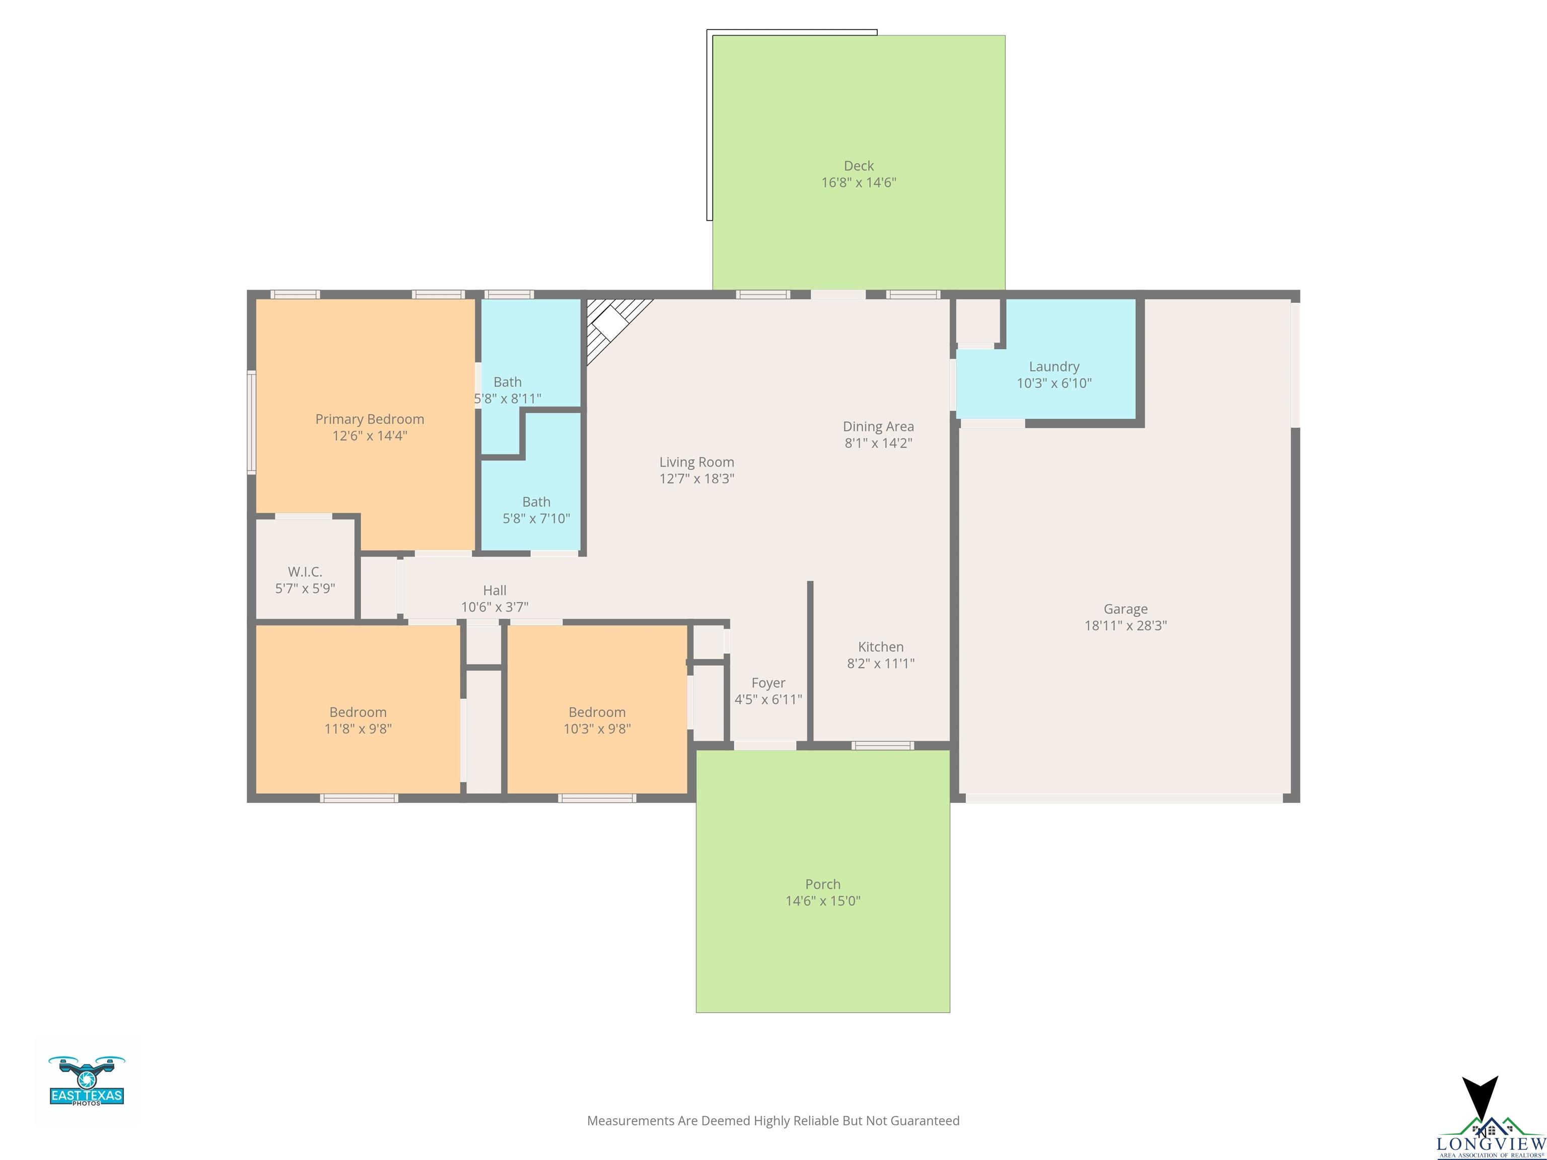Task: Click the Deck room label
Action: (859, 166)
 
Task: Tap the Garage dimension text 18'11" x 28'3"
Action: (1126, 625)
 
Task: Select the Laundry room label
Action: (1054, 367)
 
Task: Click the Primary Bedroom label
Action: (369, 419)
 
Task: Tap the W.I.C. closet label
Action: (305, 571)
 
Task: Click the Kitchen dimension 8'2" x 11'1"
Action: (880, 663)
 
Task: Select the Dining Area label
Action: (878, 426)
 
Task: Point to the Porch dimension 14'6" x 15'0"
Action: (822, 901)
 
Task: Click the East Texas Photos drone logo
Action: (87, 1080)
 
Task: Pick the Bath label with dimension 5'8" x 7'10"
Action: (536, 501)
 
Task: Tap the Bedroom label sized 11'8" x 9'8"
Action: (358, 712)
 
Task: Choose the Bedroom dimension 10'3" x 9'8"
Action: (597, 729)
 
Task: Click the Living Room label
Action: (696, 462)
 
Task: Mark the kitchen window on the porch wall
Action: (883, 745)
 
